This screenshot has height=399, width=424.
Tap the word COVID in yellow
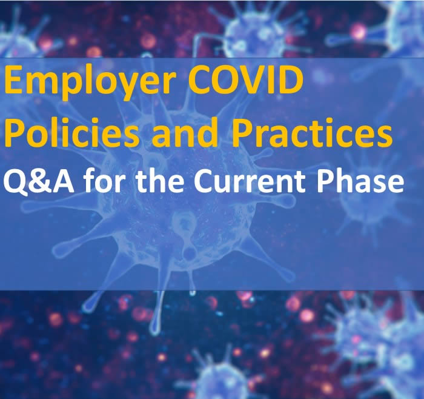tap(245, 79)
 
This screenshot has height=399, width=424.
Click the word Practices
tap(312, 133)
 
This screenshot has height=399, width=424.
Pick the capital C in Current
tap(204, 182)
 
